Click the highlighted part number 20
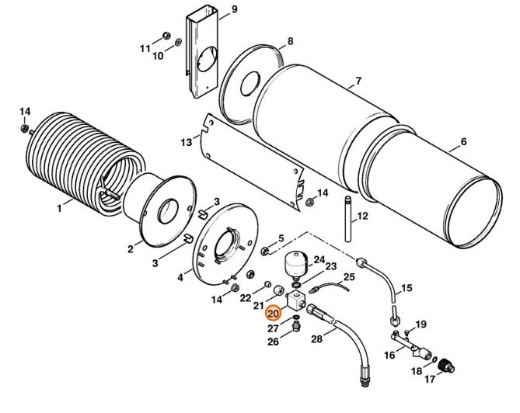272,314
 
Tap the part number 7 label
358,82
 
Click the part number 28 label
316,339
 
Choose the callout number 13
185,143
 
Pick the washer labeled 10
180,41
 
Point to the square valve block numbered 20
296,300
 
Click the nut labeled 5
265,251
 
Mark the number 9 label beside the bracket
234,9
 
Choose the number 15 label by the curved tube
405,289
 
